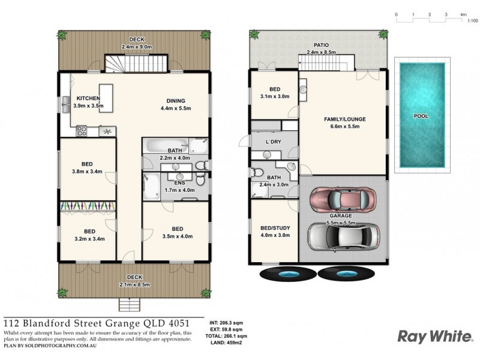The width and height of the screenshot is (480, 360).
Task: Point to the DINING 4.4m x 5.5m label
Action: (176, 104)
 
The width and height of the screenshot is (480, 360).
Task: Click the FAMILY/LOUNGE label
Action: (344, 123)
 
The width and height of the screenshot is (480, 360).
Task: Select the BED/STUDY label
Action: (275, 231)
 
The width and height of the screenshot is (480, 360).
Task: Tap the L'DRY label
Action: (274, 141)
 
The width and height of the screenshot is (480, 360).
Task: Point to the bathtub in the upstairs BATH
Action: (166, 145)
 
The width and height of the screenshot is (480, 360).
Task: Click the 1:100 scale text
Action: (472, 20)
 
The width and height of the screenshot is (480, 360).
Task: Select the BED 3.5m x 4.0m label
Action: (178, 233)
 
